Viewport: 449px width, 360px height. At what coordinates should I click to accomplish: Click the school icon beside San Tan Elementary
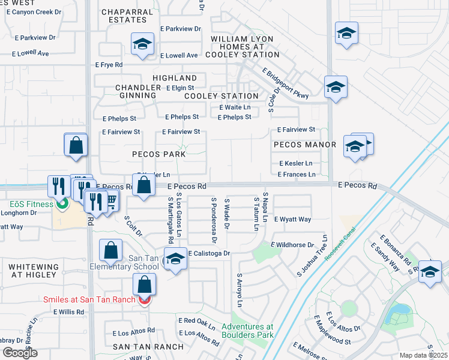pyautogui.click(x=175, y=260)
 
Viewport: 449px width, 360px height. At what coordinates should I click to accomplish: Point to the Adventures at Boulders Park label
pyautogui.click(x=247, y=331)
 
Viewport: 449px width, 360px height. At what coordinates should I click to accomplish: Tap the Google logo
pyautogui.click(x=20, y=353)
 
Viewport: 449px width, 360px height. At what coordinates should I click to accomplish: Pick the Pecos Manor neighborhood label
pyautogui.click(x=304, y=145)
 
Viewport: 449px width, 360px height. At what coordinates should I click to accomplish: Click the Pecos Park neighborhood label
pyautogui.click(x=159, y=154)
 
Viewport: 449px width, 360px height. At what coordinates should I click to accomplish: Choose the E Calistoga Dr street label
pyautogui.click(x=209, y=254)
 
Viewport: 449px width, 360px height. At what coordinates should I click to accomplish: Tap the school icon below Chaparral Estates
pyautogui.click(x=142, y=45)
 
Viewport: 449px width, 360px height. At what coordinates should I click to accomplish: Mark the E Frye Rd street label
pyautogui.click(x=109, y=65)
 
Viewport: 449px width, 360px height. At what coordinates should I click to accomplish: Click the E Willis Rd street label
pyautogui.click(x=69, y=312)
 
